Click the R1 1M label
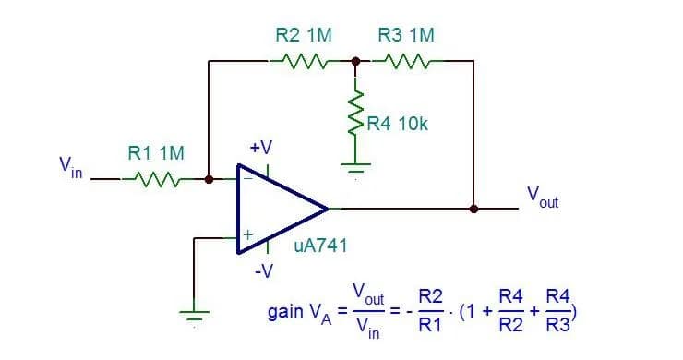154,152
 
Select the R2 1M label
304,35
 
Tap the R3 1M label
406,35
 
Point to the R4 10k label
397,124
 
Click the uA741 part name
319,246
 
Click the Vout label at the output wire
542,197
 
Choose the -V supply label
263,271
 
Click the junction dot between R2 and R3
355,62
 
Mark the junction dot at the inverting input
210,178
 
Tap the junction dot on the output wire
473,209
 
